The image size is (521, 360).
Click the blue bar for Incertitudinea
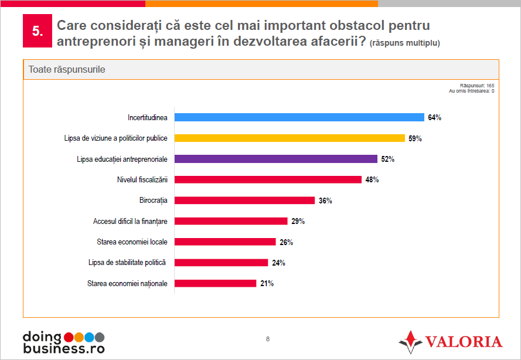pos(299,117)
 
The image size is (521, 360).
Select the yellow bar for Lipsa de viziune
pos(290,138)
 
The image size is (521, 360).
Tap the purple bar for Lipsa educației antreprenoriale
pos(276,159)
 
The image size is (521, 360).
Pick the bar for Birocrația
pos(245,201)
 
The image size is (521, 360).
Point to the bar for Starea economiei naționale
pos(216,283)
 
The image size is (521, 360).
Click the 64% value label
pos(434,118)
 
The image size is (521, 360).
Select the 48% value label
pos(372,180)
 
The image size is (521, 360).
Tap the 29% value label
pos(298,222)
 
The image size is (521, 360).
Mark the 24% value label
pos(278,263)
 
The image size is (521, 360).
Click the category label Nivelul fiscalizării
pos(142,179)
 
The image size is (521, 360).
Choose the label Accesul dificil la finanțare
pos(130,221)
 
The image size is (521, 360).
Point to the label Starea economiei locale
pos(132,242)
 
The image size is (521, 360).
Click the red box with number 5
pos(37,32)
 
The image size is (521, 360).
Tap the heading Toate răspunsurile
pos(67,69)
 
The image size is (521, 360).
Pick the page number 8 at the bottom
pos(268,339)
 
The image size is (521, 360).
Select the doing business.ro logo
pos(63,342)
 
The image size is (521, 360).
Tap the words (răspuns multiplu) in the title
pos(405,43)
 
